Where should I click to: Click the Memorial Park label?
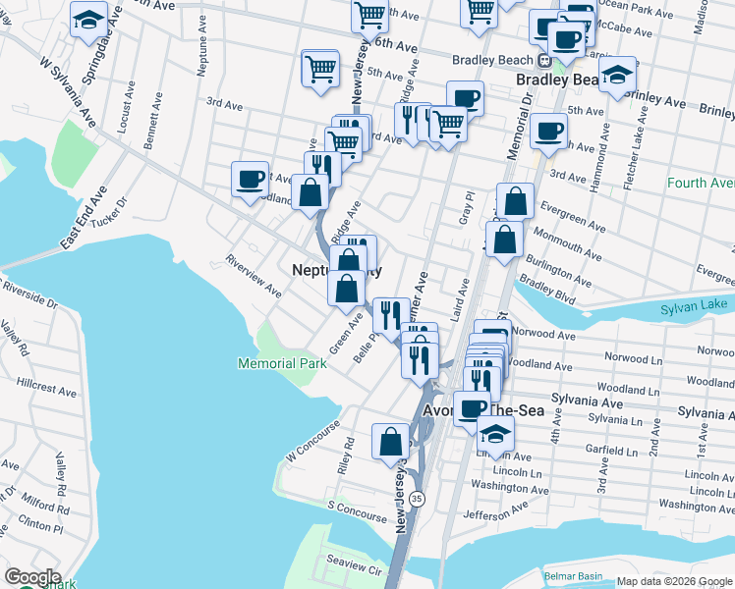281,363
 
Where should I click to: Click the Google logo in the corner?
31,577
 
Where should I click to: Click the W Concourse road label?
312,444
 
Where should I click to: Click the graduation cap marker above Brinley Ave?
617,77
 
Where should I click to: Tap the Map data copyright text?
673,581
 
